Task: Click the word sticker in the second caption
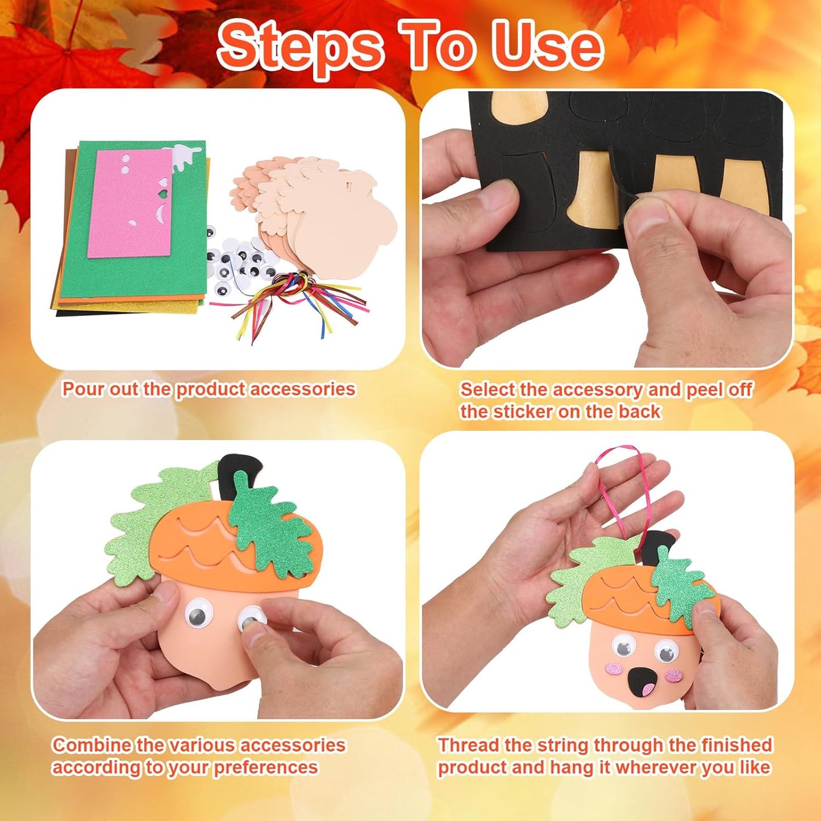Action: pos(523,411)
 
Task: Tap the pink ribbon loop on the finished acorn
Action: pos(622,489)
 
